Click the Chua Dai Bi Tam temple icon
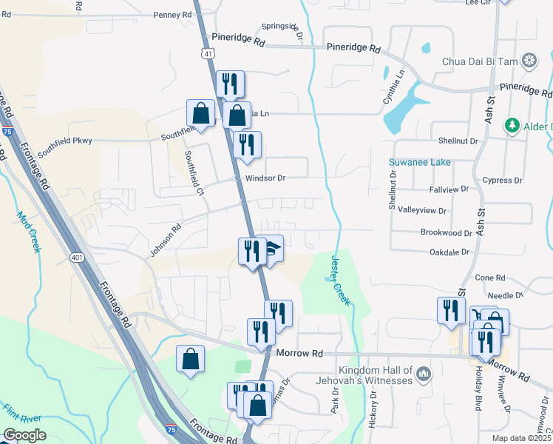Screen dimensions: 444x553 click(529, 60)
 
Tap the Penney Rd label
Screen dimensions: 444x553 click(172, 15)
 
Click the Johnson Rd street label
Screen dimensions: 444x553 click(166, 241)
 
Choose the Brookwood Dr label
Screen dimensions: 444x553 click(446, 232)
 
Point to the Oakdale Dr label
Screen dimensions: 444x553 click(449, 252)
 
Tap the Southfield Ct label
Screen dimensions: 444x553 click(194, 173)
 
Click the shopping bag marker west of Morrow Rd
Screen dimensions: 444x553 click(191, 359)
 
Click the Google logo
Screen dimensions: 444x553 click(25, 435)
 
